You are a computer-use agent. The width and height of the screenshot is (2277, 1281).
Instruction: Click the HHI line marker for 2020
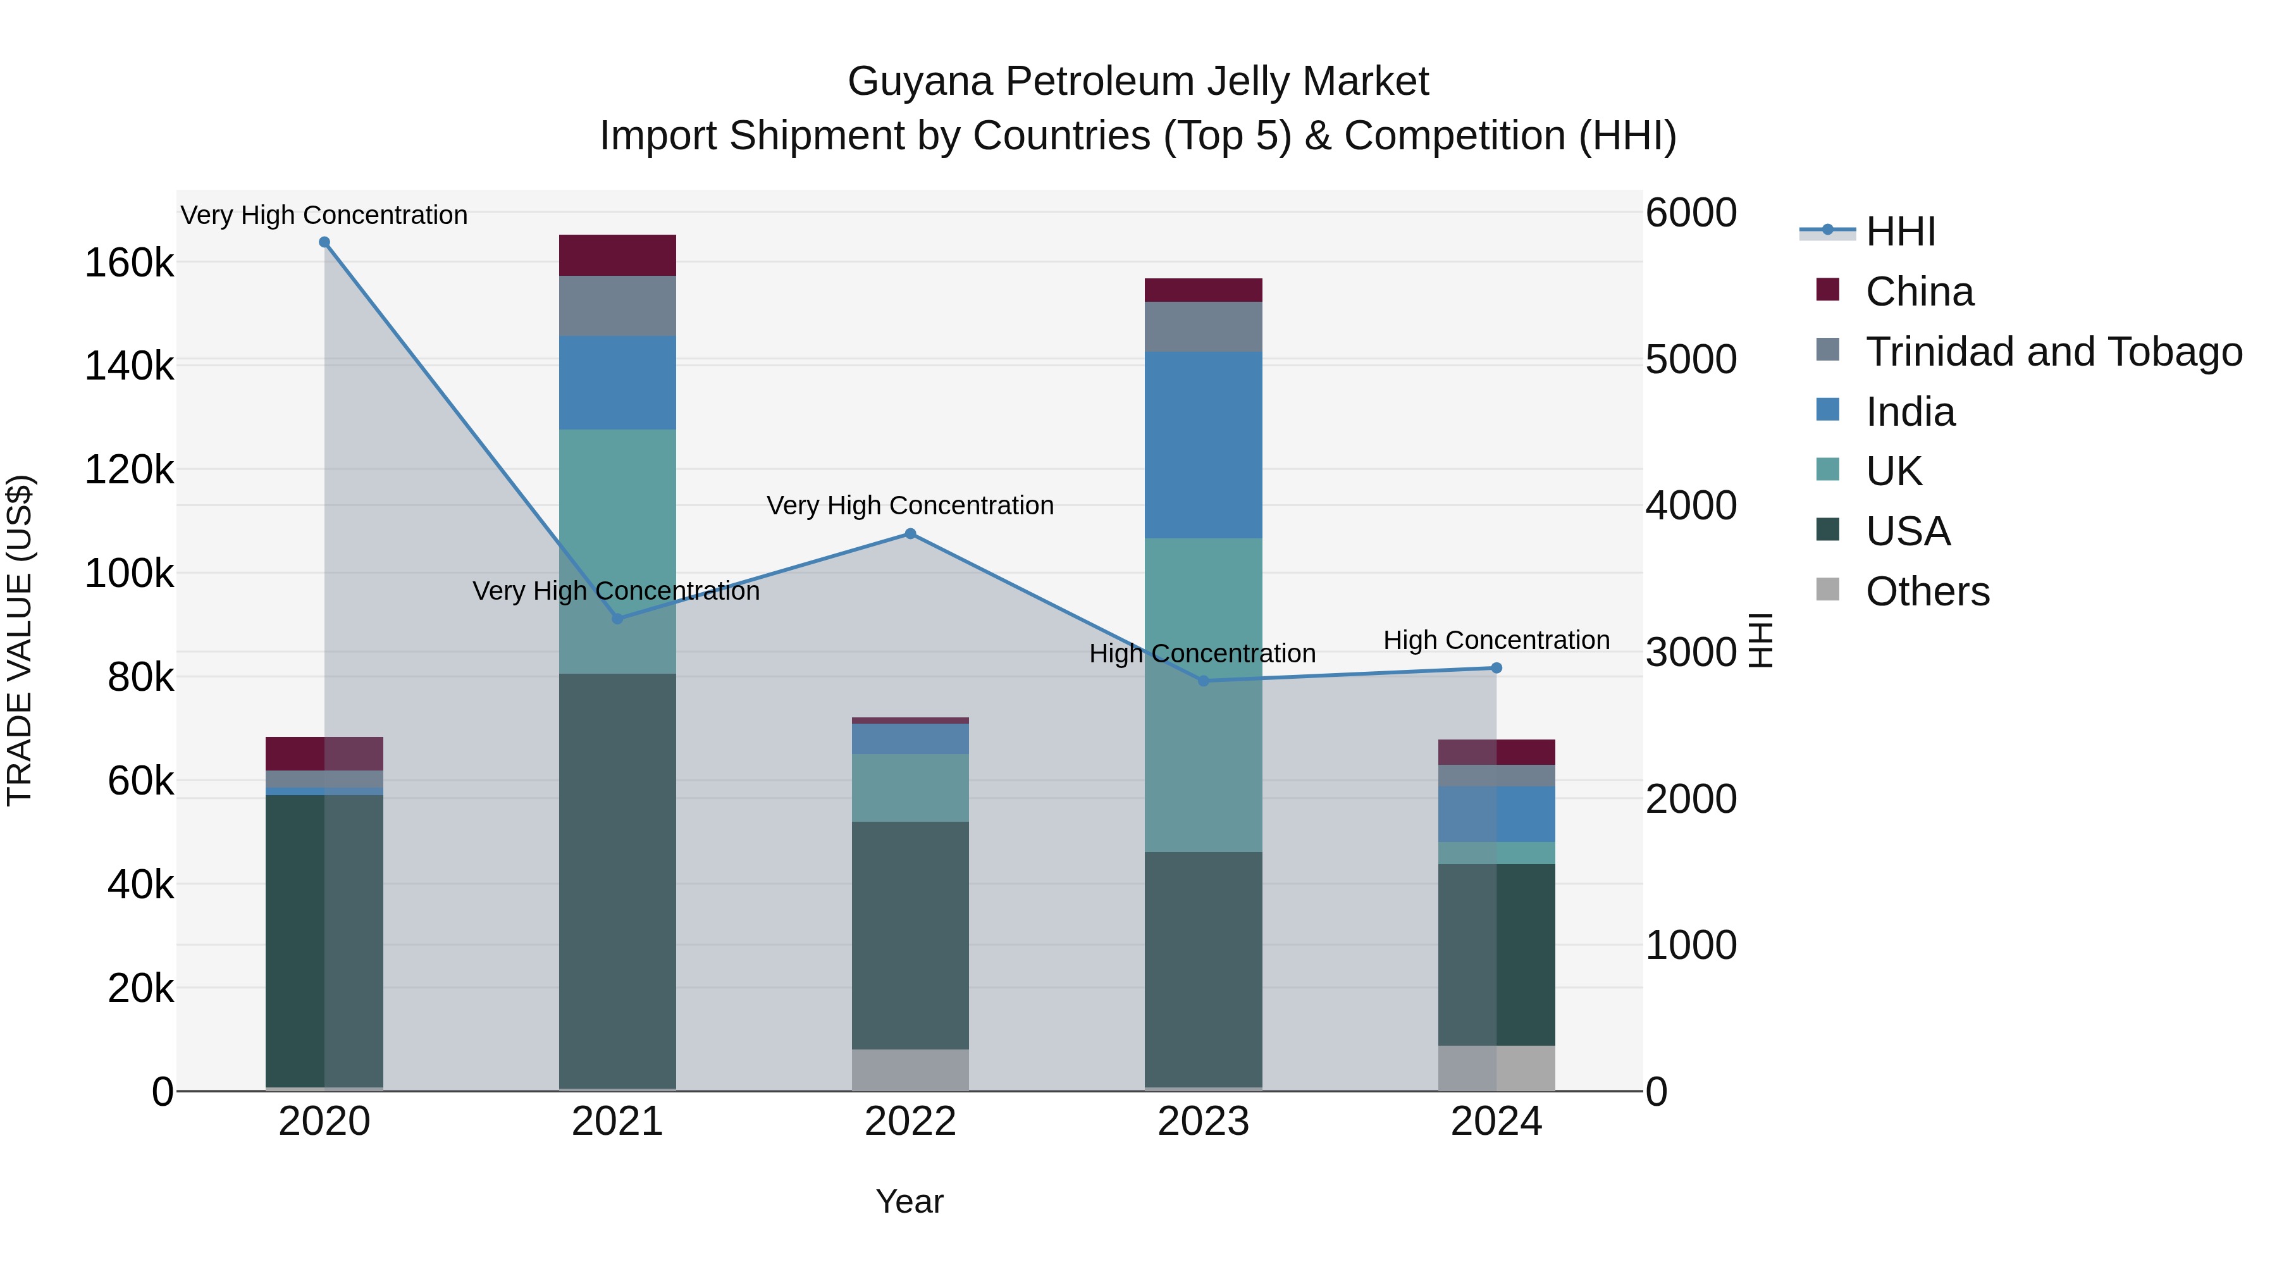(x=324, y=242)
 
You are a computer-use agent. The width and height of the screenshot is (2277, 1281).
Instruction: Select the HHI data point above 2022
(x=910, y=534)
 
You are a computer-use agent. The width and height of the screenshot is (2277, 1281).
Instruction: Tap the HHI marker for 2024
(x=1496, y=669)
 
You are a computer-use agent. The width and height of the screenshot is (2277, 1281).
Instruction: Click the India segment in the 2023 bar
(x=1203, y=445)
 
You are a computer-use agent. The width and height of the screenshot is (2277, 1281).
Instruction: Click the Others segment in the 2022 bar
(x=910, y=1070)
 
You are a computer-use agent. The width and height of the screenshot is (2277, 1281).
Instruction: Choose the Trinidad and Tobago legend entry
(x=2053, y=352)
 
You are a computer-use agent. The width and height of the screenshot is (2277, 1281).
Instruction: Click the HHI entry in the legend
(x=1901, y=232)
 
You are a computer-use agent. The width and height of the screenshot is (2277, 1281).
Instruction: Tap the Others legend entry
(x=1927, y=591)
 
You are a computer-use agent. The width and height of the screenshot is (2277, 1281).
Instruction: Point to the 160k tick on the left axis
(x=129, y=263)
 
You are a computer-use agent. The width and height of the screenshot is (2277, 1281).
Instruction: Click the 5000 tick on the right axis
(x=1690, y=360)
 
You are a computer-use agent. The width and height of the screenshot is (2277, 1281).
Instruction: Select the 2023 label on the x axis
(x=1203, y=1122)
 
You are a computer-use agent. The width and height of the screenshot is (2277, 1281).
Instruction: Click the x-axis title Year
(x=910, y=1201)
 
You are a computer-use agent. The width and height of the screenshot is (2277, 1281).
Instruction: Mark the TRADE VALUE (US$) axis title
(x=20, y=640)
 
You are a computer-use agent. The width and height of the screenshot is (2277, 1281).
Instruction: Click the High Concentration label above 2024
(x=1496, y=640)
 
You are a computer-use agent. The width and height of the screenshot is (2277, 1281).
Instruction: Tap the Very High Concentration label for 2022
(x=910, y=505)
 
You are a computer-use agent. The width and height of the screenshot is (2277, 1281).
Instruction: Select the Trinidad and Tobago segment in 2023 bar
(x=1203, y=326)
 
